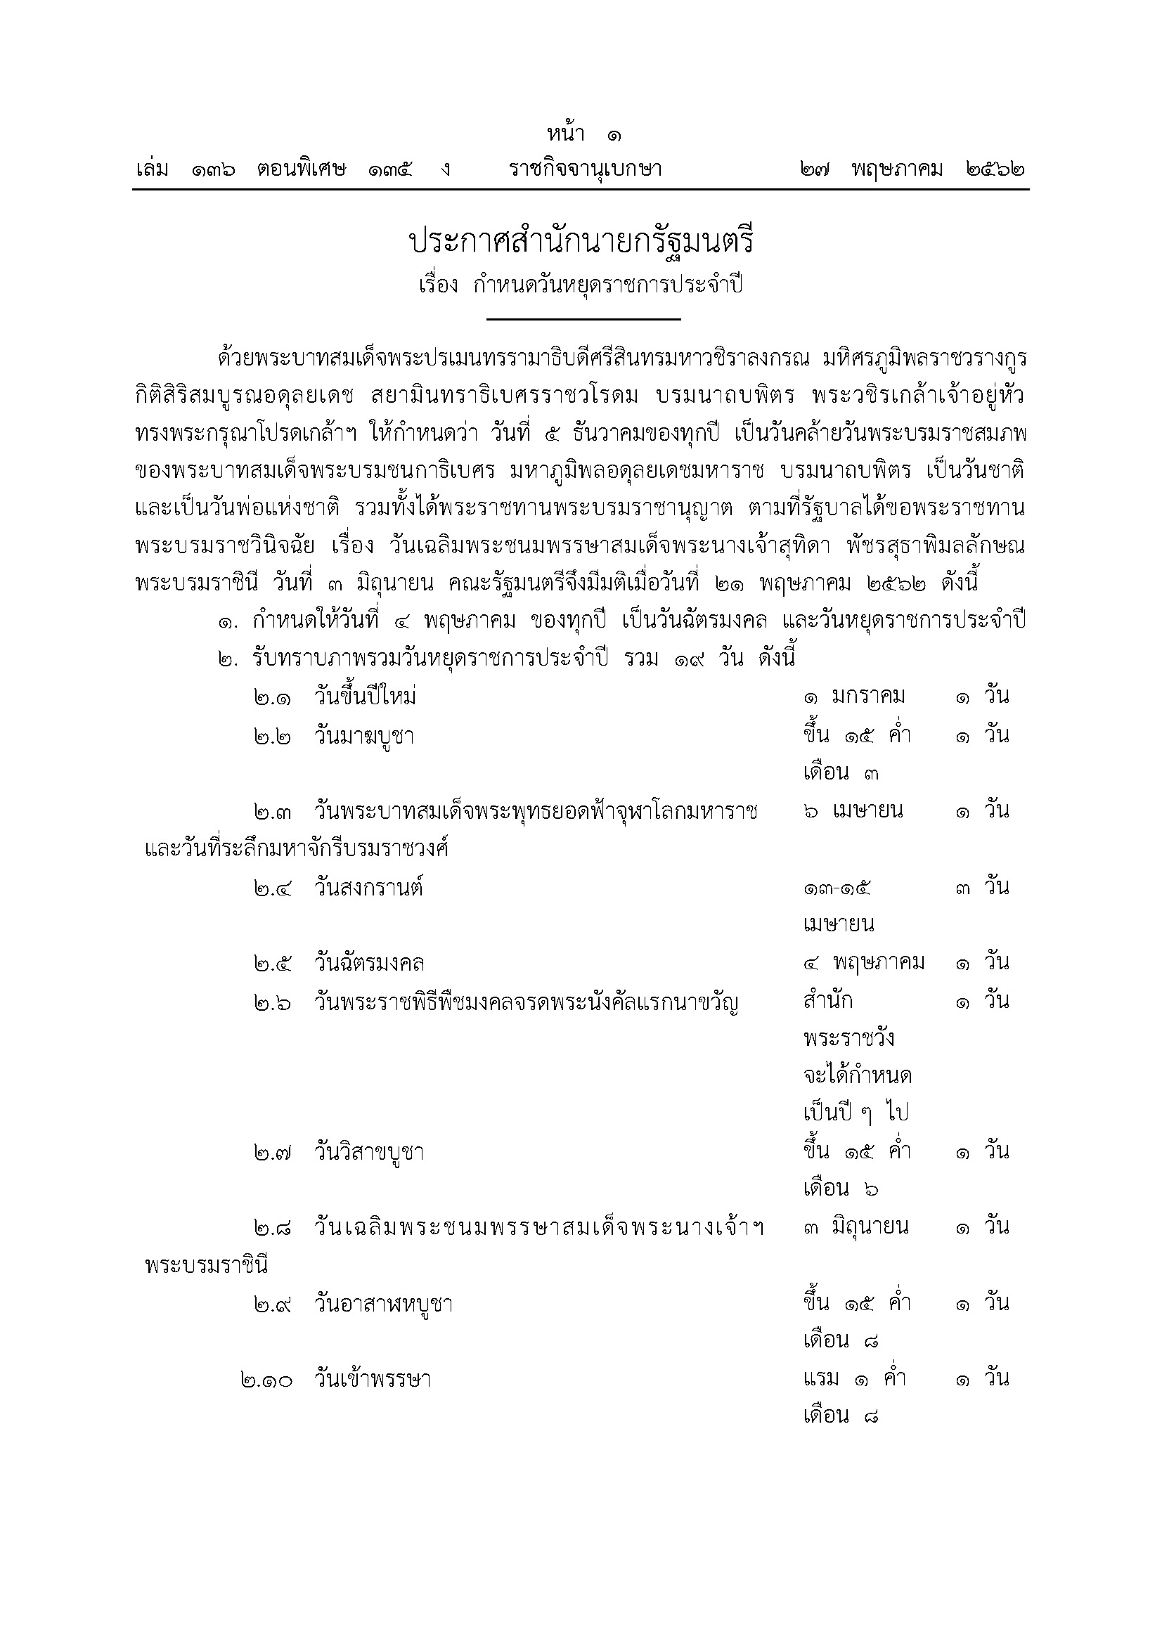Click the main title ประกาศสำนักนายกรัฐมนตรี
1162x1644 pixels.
pos(581,242)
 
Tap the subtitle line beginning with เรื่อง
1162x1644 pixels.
pos(581,285)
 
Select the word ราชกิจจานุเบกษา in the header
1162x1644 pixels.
pos(585,169)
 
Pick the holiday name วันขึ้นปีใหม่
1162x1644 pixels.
pos(365,697)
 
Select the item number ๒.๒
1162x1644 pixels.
pos(272,737)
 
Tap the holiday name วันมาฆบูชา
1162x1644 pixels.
pos(363,737)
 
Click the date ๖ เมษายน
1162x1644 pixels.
pos(853,811)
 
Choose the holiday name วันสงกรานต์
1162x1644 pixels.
pos(369,888)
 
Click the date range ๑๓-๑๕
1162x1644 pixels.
pos(837,888)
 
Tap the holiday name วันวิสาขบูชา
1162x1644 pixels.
pos(369,1153)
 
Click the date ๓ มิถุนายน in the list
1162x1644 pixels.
pos(856,1227)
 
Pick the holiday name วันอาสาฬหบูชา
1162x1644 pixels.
pos(383,1305)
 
